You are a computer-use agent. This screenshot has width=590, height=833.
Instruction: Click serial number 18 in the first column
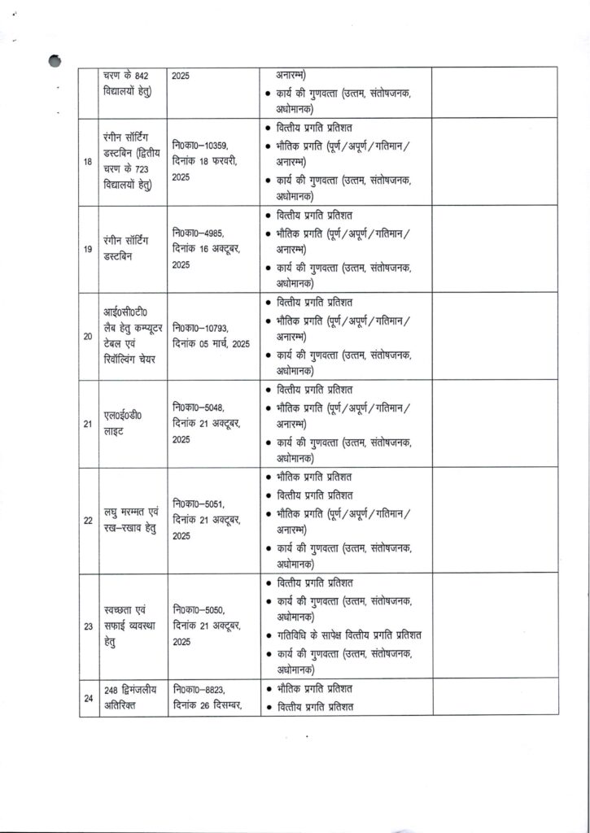click(x=87, y=162)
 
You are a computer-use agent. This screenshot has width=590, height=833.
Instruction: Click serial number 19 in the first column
click(x=87, y=248)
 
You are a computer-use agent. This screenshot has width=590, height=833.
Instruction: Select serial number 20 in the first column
click(x=87, y=334)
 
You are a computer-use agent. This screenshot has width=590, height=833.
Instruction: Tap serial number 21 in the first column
click(x=87, y=423)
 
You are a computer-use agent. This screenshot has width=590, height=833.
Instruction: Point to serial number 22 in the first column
click(x=87, y=520)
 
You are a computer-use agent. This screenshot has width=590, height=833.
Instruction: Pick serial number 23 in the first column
click(x=87, y=626)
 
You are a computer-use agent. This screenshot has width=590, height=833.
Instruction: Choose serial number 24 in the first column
click(x=87, y=697)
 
